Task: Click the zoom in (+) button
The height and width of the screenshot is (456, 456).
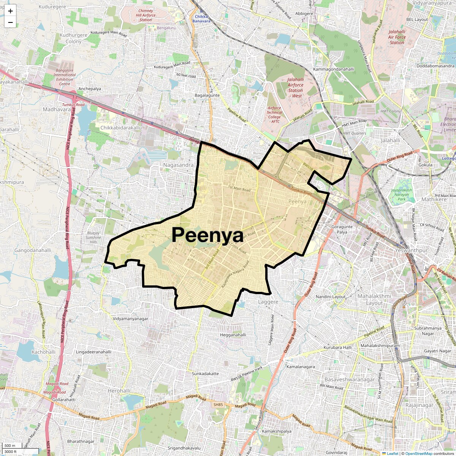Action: click(10, 11)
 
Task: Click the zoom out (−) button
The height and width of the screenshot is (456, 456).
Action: click(10, 22)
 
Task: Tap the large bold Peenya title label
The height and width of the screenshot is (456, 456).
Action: click(207, 235)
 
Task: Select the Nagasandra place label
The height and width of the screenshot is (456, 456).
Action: click(178, 165)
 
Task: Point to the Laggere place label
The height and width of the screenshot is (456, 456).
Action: click(268, 302)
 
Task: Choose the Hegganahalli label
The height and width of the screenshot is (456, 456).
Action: click(233, 335)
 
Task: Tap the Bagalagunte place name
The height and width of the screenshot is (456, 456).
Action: click(207, 95)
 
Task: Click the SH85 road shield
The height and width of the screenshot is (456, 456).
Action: click(218, 405)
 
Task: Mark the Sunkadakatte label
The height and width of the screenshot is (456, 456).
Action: click(205, 374)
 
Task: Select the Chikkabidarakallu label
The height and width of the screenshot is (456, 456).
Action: click(121, 128)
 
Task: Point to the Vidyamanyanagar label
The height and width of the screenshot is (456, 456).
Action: click(130, 319)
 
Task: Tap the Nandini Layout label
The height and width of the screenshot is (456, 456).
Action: click(331, 296)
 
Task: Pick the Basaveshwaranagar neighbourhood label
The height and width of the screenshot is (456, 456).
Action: click(349, 379)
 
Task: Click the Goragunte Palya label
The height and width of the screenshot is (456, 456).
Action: click(342, 229)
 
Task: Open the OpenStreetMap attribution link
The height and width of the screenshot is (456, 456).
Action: click(419, 453)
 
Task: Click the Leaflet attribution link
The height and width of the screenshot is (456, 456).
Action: click(393, 453)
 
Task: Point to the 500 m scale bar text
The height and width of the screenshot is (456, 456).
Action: click(10, 446)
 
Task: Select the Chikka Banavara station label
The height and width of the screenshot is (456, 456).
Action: click(201, 19)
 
